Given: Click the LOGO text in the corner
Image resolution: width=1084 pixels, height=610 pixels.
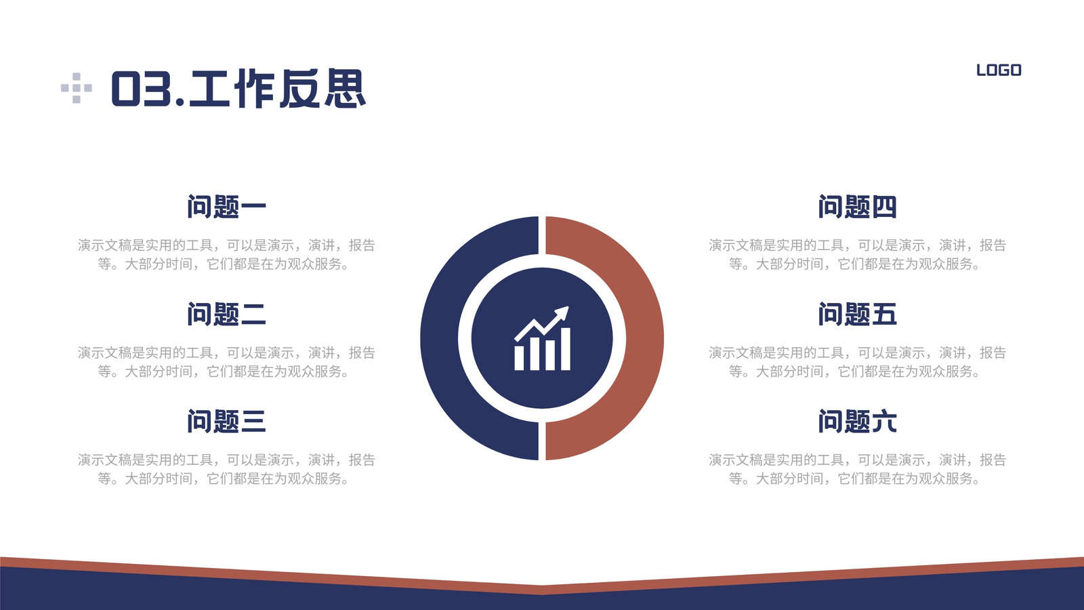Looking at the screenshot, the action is [999, 70].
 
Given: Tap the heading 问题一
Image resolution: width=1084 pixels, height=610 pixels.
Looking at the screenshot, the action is [226, 207].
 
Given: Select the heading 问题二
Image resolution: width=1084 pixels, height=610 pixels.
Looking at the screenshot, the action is [226, 314].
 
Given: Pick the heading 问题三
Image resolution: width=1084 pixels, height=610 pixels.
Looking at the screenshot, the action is [226, 421].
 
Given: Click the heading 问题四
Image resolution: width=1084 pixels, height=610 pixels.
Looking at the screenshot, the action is [858, 207].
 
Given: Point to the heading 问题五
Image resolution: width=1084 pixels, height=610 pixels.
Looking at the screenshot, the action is [858, 314].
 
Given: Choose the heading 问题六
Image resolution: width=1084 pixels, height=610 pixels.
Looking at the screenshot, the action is [858, 421].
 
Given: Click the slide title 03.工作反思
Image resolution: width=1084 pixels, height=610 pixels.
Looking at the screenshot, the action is [238, 89].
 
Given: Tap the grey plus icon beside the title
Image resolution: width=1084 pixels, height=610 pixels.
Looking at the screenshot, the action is [77, 88].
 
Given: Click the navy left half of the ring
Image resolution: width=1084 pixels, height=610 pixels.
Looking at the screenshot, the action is [440, 338].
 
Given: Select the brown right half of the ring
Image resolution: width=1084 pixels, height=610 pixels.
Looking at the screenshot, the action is [644, 338].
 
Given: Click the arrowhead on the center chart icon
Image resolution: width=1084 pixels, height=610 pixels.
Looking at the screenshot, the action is [562, 312].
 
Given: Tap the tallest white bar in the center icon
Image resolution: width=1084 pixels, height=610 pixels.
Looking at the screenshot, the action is [565, 348].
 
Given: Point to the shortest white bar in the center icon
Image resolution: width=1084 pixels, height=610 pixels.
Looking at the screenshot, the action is [519, 358].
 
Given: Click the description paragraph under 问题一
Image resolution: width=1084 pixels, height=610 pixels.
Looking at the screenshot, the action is [226, 255].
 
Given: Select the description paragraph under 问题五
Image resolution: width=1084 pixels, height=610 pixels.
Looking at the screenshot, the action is [858, 362].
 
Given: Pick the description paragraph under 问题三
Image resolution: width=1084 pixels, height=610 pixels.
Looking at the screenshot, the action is [226, 469].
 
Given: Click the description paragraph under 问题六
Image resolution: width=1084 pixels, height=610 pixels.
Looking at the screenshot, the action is [858, 469].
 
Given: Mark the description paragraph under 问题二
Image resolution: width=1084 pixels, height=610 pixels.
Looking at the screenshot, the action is [226, 362].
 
